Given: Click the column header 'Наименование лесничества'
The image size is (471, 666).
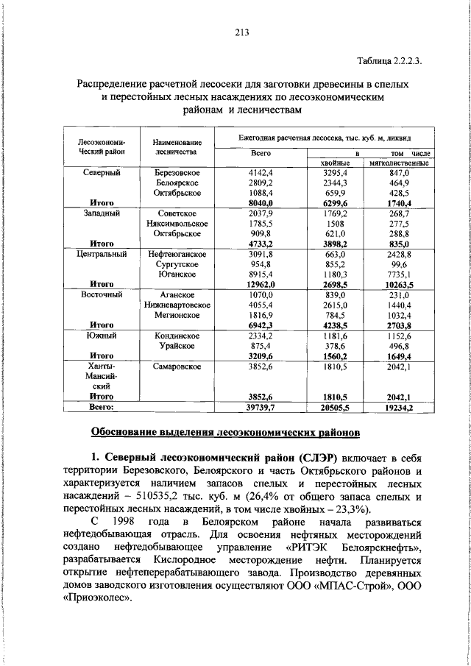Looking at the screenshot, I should [x=177, y=146].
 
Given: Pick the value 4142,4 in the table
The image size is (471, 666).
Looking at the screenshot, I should [x=261, y=171].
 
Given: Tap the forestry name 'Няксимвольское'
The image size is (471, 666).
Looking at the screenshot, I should [x=177, y=223].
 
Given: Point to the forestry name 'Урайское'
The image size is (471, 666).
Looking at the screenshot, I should [x=177, y=344].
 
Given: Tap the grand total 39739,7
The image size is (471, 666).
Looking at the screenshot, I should [x=261, y=406].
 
